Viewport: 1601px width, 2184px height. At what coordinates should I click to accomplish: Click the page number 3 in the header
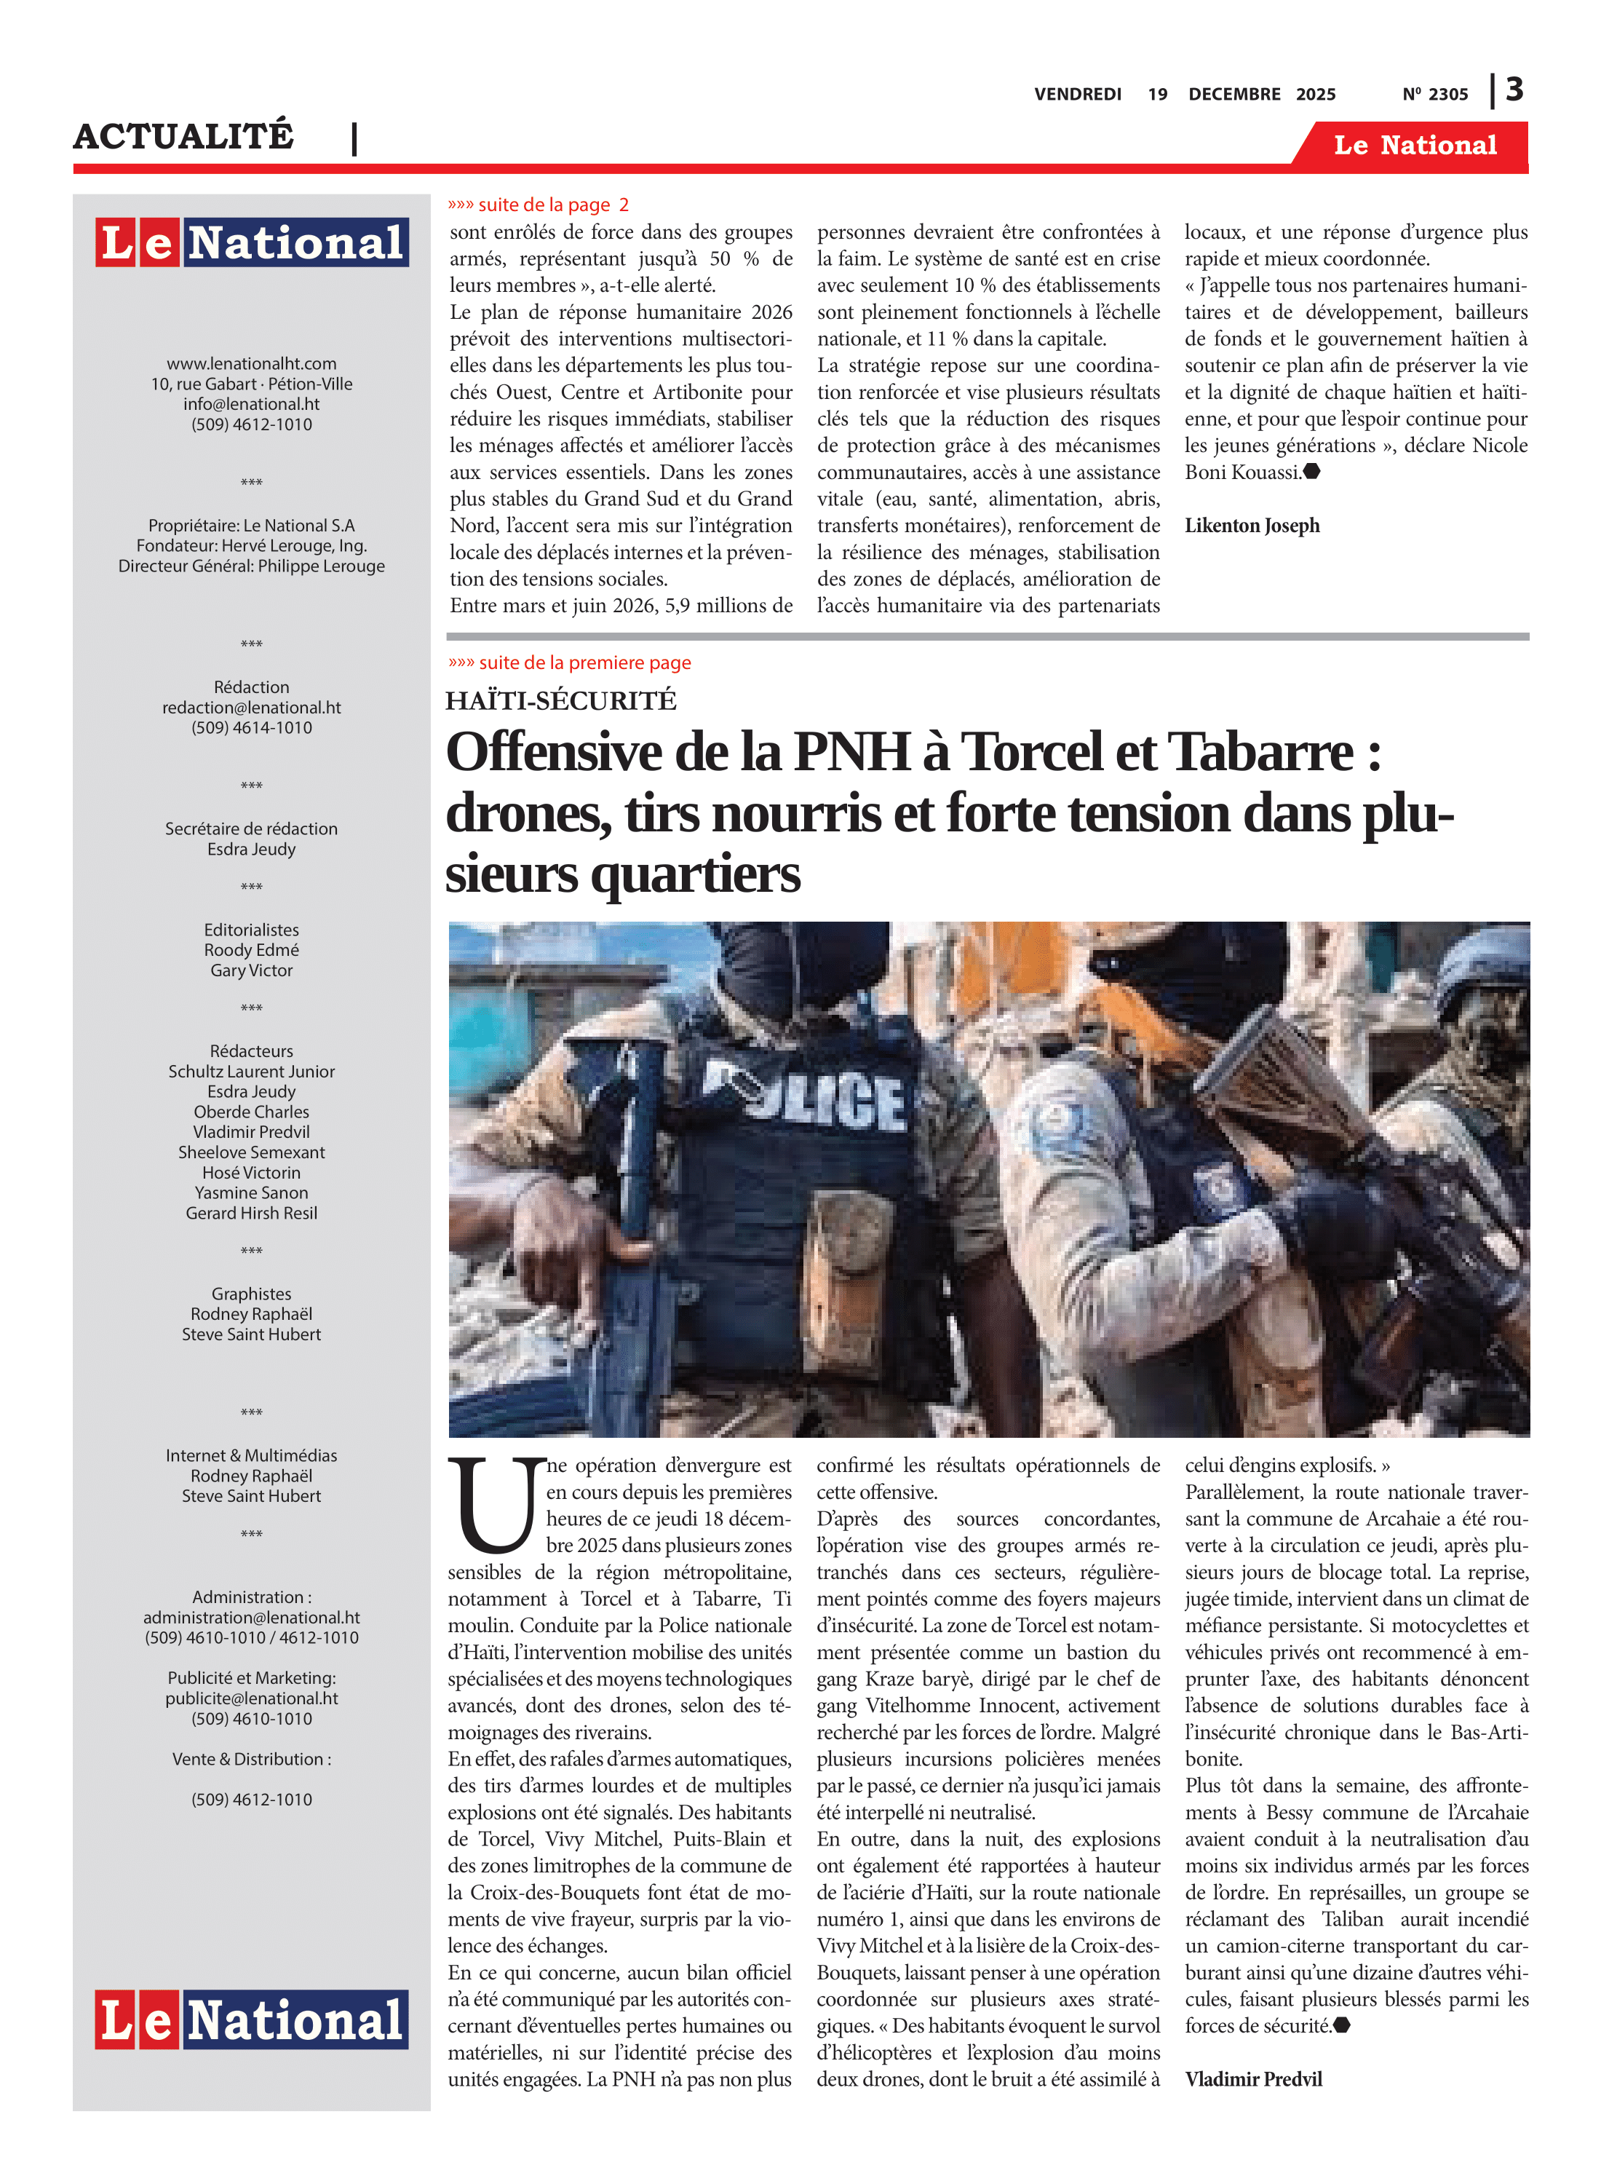pos(1514,90)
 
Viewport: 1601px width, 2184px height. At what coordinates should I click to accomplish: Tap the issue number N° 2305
pos(1434,94)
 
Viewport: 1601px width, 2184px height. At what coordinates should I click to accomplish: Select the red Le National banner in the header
pos(1414,146)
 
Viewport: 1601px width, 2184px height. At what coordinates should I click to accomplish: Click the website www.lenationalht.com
pos(251,363)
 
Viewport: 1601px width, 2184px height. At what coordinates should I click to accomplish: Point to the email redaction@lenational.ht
pos(251,708)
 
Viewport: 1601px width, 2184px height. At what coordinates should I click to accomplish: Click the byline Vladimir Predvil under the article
pos(1253,2078)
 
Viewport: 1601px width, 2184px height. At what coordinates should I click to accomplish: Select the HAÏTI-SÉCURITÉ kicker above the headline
pos(560,700)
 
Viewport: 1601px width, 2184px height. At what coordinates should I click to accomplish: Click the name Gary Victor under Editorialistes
pos(251,970)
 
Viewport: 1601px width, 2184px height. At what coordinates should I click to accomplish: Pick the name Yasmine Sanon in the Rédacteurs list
pos(251,1192)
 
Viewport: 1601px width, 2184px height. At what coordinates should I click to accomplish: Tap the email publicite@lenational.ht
pos(251,1698)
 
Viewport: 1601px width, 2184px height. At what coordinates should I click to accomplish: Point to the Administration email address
pos(251,1617)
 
